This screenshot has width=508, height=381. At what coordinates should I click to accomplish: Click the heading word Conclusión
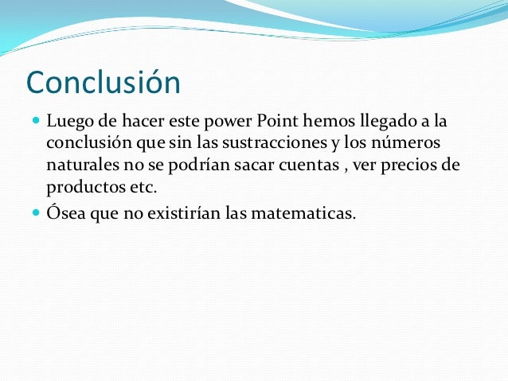(104, 83)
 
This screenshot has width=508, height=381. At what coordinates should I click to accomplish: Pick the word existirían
(201, 212)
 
